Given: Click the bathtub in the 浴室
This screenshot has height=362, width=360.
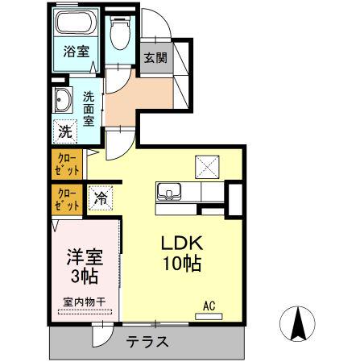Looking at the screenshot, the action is click(77, 22).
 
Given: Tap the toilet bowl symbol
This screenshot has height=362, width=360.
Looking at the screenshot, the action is click(120, 33).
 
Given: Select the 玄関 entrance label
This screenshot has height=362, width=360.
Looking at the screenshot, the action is click(155, 57).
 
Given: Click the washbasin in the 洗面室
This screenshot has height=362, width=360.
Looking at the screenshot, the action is click(64, 100).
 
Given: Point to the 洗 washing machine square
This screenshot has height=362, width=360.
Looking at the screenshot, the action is click(65, 131).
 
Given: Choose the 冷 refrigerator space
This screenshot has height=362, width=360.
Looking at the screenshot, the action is click(101, 198).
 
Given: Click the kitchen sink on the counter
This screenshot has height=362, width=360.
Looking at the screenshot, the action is click(169, 192).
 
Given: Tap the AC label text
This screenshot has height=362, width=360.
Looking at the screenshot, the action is click(209, 306).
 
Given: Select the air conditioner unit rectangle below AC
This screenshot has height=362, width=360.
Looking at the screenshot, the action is click(209, 317).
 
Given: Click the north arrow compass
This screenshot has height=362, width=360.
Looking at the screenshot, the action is click(297, 324).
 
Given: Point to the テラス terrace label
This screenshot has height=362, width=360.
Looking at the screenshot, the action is click(147, 342).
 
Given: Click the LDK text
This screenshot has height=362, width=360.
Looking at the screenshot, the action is click(181, 243).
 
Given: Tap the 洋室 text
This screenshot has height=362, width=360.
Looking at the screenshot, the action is click(85, 257).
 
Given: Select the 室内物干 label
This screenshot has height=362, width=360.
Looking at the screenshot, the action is click(85, 302).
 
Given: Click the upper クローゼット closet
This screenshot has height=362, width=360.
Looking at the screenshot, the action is click(67, 164).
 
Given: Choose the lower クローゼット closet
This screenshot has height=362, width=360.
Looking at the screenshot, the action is click(67, 200).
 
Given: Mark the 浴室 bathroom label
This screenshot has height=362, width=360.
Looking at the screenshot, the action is click(77, 51).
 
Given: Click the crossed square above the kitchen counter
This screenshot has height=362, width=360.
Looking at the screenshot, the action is click(207, 167).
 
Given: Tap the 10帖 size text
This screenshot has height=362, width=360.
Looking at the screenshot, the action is click(182, 263).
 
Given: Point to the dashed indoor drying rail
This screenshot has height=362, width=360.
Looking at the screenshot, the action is click(85, 312).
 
